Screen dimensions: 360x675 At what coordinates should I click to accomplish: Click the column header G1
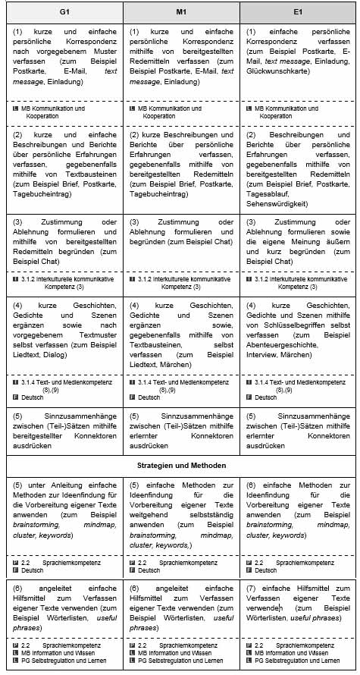64,13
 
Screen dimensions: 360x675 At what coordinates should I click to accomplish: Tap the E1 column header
298,13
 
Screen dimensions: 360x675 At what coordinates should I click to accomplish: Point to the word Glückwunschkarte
278,71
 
